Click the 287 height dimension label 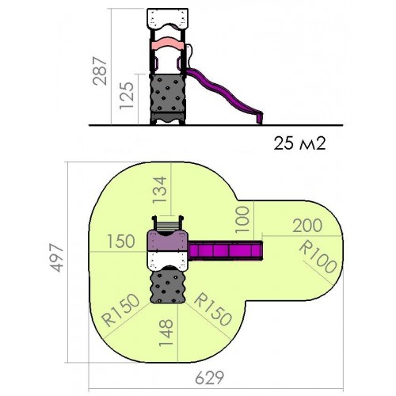(x=100, y=70)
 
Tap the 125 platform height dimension (x=127, y=96)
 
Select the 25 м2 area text (x=299, y=144)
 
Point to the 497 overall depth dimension (x=57, y=258)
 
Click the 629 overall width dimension (x=209, y=378)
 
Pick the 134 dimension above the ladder (x=160, y=189)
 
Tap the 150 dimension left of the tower (x=121, y=241)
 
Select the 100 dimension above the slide (x=242, y=219)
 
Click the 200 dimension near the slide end (x=307, y=226)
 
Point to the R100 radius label (x=318, y=257)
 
